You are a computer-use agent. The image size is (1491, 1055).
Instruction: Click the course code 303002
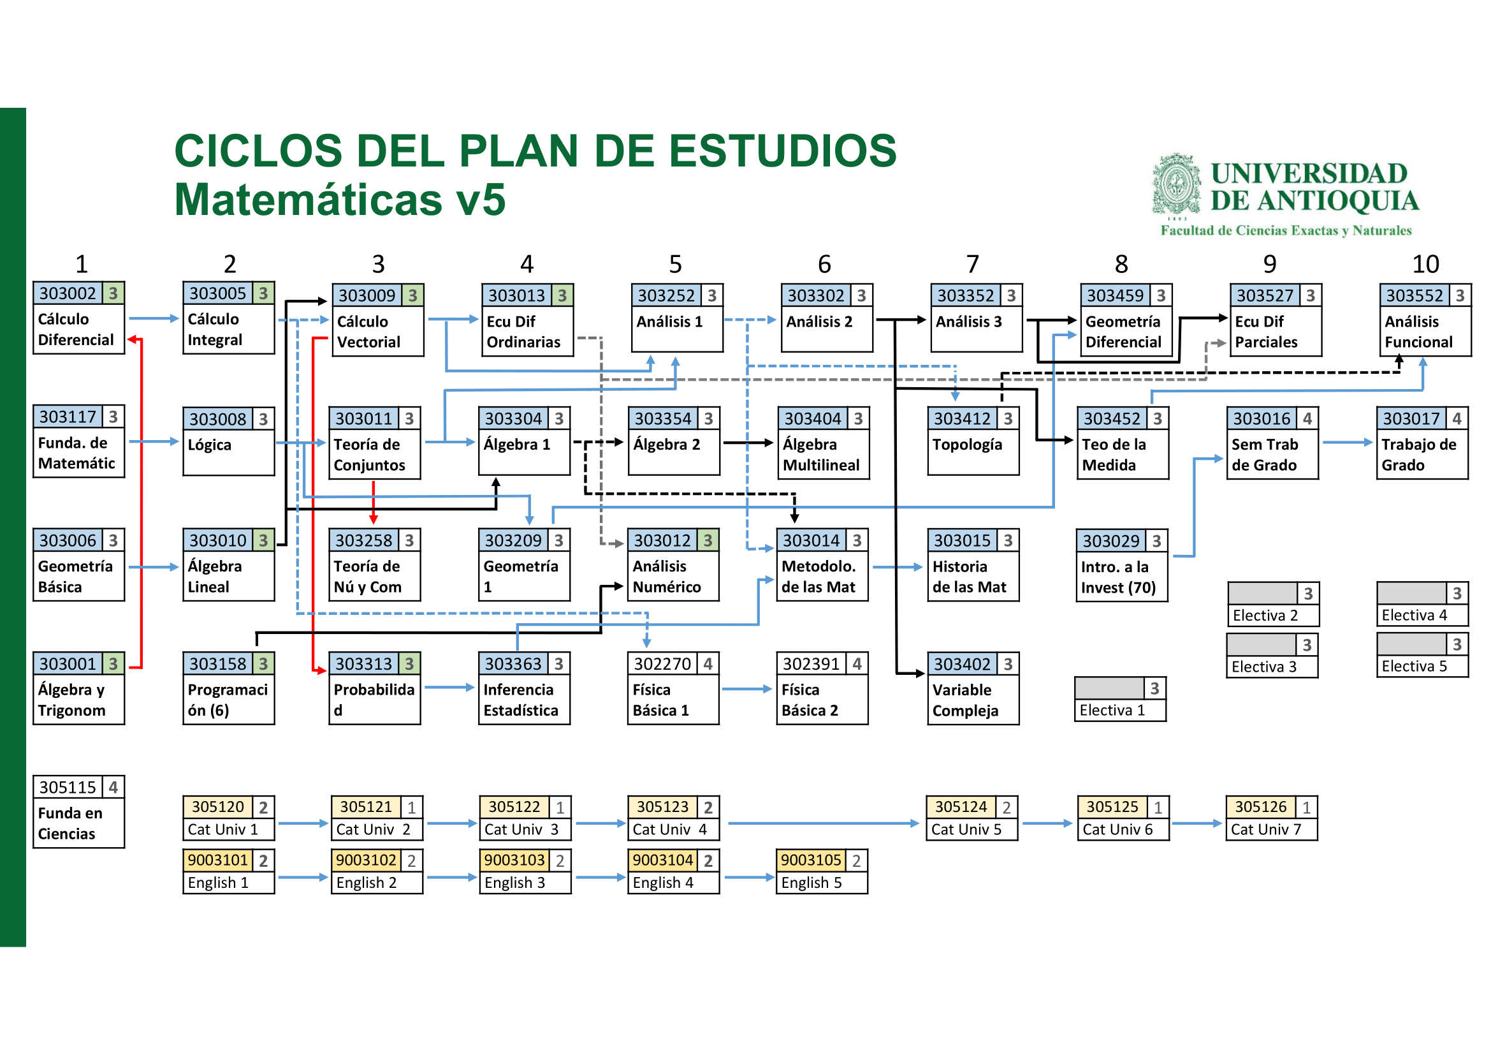click(x=67, y=293)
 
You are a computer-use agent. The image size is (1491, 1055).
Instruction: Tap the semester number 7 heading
click(x=972, y=264)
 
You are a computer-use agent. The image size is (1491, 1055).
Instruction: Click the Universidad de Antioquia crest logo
click(x=1176, y=184)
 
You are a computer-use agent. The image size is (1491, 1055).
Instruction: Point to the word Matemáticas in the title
click(x=309, y=200)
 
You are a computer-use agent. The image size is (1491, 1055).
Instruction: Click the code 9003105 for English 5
click(x=810, y=860)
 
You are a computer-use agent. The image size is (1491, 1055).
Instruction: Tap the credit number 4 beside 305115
click(x=113, y=787)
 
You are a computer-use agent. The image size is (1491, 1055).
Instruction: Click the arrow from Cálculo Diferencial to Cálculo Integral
click(x=153, y=318)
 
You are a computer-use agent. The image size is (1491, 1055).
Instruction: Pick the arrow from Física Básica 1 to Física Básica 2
click(x=747, y=689)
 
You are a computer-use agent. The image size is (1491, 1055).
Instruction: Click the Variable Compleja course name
click(x=965, y=700)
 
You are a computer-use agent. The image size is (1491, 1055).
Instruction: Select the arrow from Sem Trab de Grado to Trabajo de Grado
click(x=1347, y=443)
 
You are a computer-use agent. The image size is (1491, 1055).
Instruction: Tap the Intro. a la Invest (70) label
click(x=1117, y=577)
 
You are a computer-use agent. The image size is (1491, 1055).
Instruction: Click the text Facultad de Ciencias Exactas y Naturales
click(x=1286, y=231)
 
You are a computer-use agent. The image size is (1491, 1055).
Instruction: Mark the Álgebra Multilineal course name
click(x=821, y=455)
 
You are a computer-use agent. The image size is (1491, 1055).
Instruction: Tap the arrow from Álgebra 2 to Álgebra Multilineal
click(x=748, y=443)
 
